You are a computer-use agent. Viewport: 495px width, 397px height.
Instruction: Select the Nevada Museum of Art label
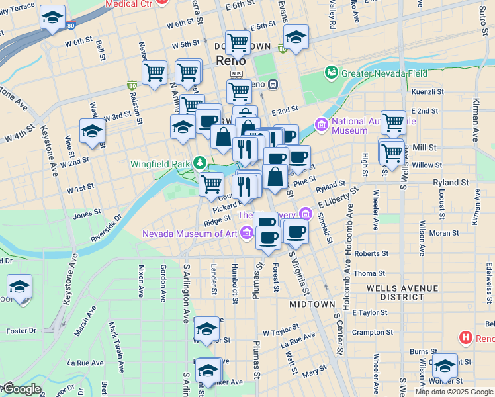[190, 234]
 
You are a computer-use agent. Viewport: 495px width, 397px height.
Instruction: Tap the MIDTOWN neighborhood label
[312, 304]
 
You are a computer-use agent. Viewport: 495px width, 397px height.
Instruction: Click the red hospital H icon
[466, 338]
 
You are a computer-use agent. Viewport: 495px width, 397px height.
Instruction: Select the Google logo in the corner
[21, 389]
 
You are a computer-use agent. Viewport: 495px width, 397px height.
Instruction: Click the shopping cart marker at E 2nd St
[393, 122]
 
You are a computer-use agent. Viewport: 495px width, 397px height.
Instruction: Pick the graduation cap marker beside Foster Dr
[20, 287]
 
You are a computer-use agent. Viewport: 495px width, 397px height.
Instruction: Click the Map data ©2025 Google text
[454, 392]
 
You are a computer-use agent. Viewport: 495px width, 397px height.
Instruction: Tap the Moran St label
[443, 233]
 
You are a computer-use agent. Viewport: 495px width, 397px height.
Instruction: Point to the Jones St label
[87, 214]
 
